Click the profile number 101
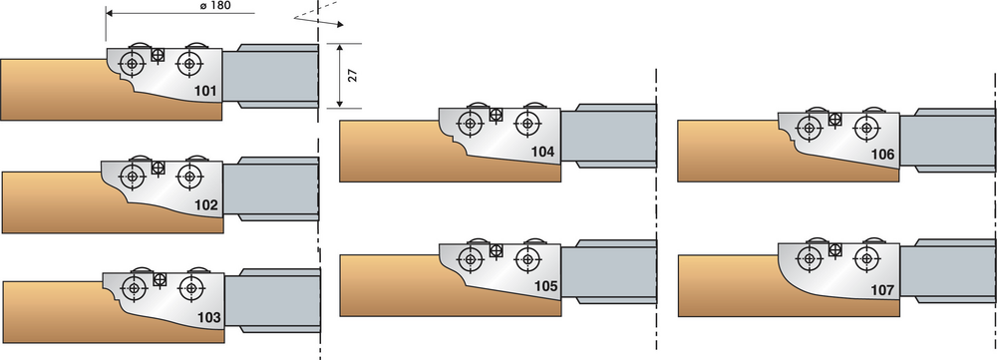tap(205, 91)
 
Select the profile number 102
tap(206, 205)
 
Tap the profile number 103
tap(209, 317)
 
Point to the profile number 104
tap(543, 152)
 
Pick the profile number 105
tap(545, 287)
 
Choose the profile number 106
tap(882, 155)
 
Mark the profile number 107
tap(882, 290)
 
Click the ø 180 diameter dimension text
tap(215, 6)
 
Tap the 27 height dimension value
tap(354, 75)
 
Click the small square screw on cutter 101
tap(159, 56)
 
